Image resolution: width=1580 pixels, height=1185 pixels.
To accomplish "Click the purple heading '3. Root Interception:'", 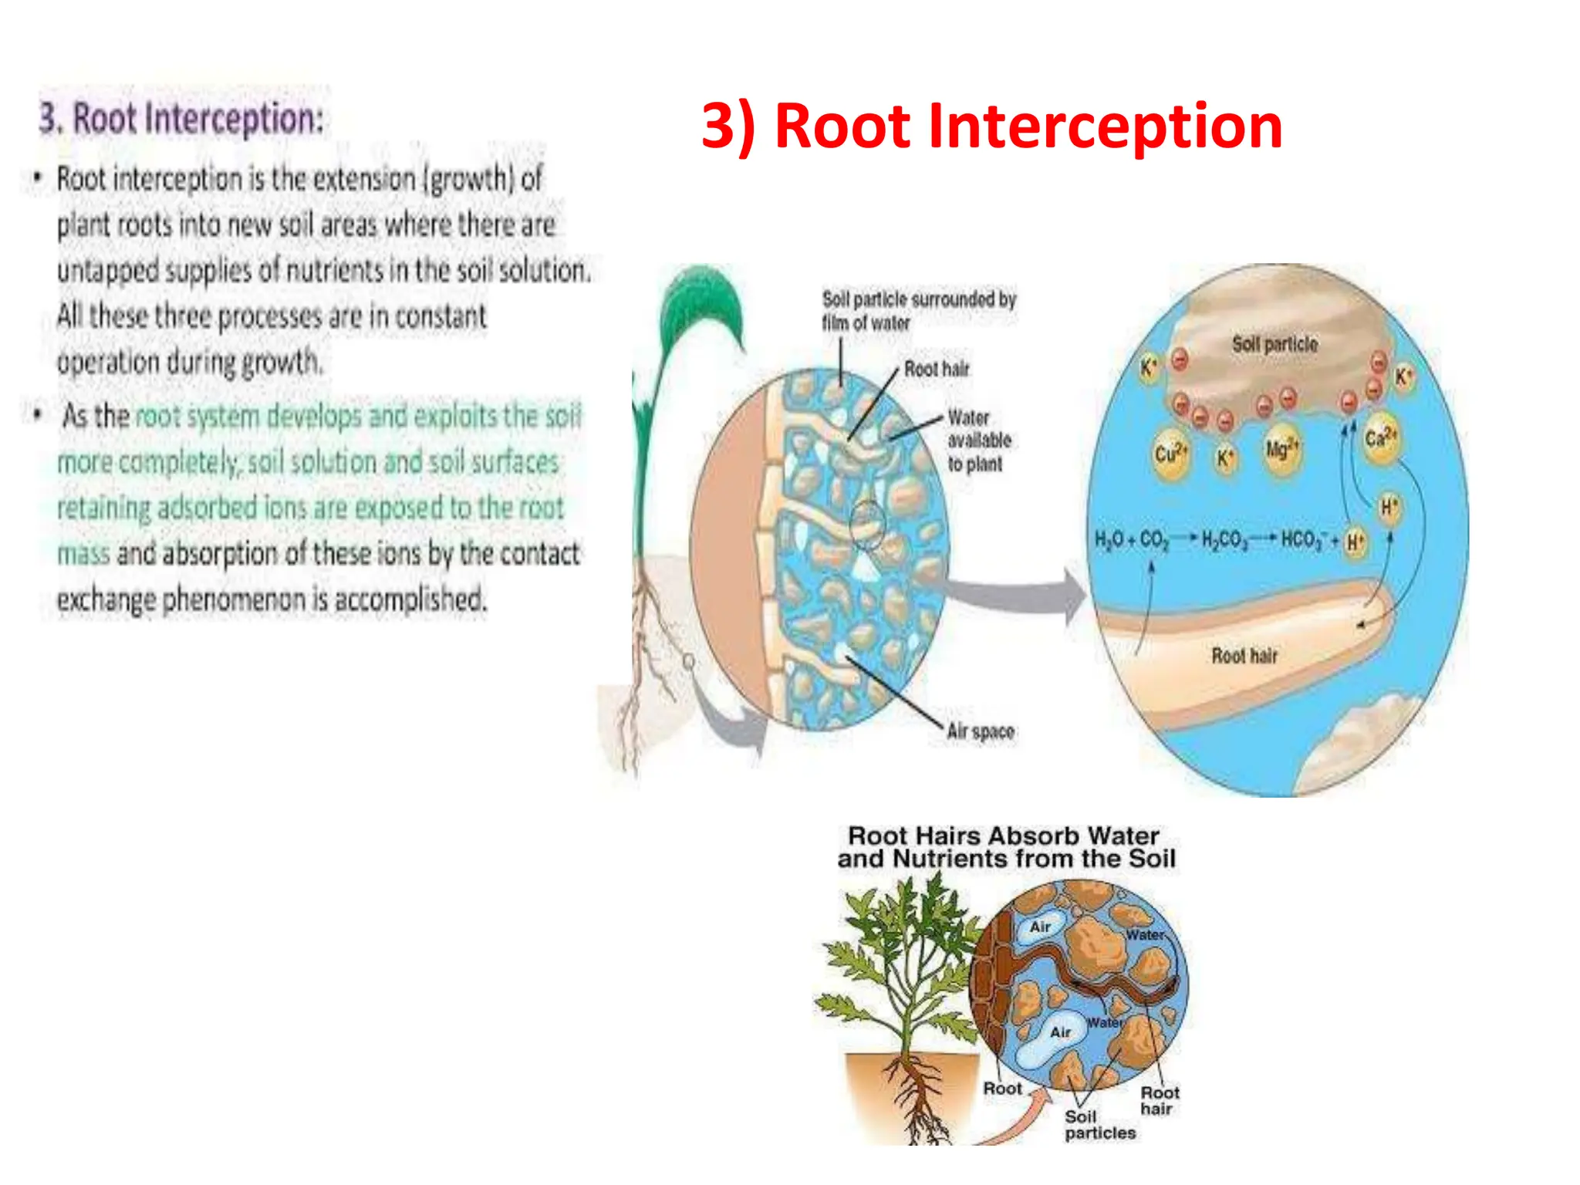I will (x=181, y=119).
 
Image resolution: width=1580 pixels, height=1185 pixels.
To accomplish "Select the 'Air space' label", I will (x=980, y=731).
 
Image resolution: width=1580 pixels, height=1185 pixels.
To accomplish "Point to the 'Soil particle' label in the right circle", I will (x=1274, y=344).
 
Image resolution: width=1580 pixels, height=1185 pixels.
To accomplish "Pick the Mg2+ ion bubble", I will (x=1282, y=450).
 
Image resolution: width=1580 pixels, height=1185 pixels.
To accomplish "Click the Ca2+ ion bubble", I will (x=1380, y=438).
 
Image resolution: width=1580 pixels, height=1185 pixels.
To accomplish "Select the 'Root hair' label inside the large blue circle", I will (x=1244, y=656).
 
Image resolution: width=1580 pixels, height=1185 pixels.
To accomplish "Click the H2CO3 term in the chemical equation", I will (x=1224, y=539).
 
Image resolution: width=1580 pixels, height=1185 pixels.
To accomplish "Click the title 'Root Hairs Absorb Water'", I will (x=1003, y=836).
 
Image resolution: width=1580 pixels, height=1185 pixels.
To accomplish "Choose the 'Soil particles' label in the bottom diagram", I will (x=1099, y=1125).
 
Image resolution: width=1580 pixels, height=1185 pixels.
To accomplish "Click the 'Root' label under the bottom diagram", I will (x=1002, y=1089).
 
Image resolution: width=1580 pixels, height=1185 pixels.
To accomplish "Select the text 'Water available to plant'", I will (x=977, y=441).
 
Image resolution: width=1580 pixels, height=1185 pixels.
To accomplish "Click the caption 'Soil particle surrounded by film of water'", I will (x=918, y=310).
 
